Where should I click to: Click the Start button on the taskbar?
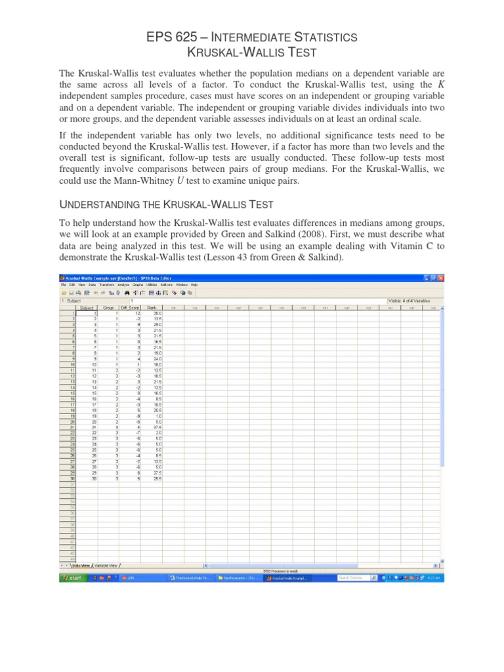tap(72, 578)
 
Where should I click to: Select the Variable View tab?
tap(106, 564)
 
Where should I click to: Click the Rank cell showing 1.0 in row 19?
tap(153, 415)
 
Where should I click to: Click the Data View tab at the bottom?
tap(80, 564)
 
